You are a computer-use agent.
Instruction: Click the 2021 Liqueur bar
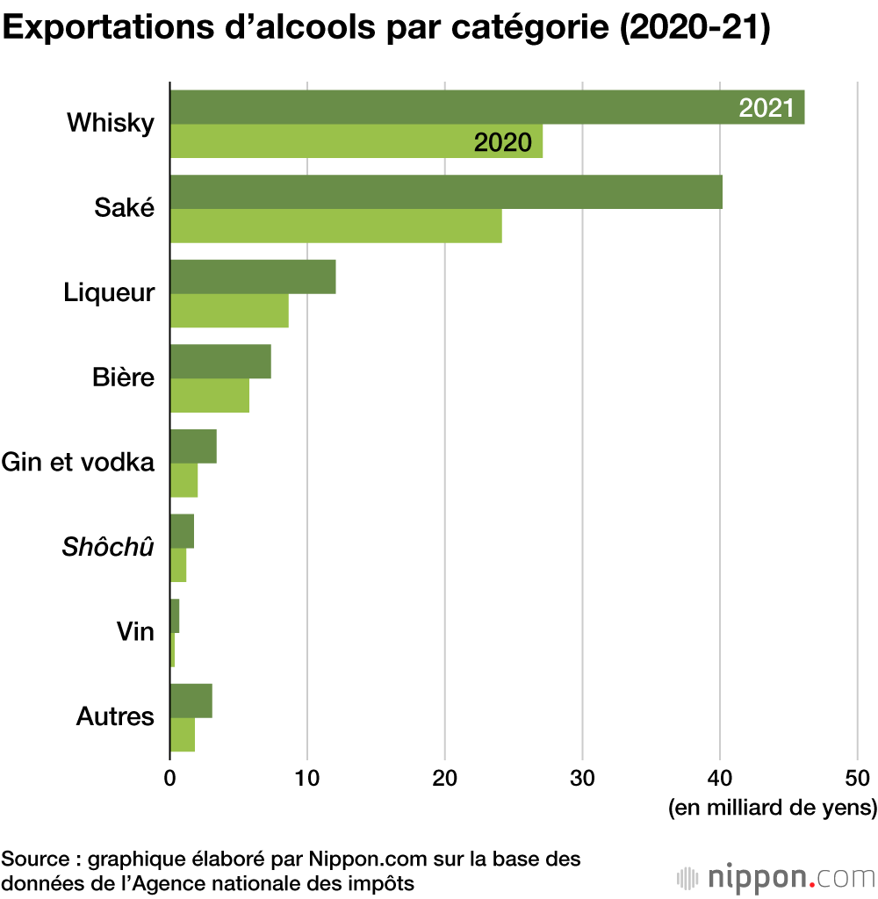coord(253,277)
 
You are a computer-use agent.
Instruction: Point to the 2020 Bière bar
coord(210,396)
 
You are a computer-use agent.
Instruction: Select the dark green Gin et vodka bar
coord(193,447)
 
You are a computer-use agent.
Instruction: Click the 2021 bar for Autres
coord(191,701)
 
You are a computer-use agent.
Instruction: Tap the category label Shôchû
coord(108,547)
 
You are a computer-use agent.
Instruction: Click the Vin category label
coord(134,631)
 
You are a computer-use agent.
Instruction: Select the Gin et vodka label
coord(78,462)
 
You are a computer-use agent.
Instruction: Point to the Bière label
coord(123,378)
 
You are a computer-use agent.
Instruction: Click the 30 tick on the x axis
coord(582,777)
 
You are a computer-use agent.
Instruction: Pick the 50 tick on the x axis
coord(857,777)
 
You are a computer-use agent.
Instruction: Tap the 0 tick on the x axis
coord(169,777)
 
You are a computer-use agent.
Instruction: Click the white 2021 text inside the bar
coord(766,108)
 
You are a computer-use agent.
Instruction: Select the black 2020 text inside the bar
coord(502,142)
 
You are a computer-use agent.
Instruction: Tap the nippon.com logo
coord(776,877)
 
